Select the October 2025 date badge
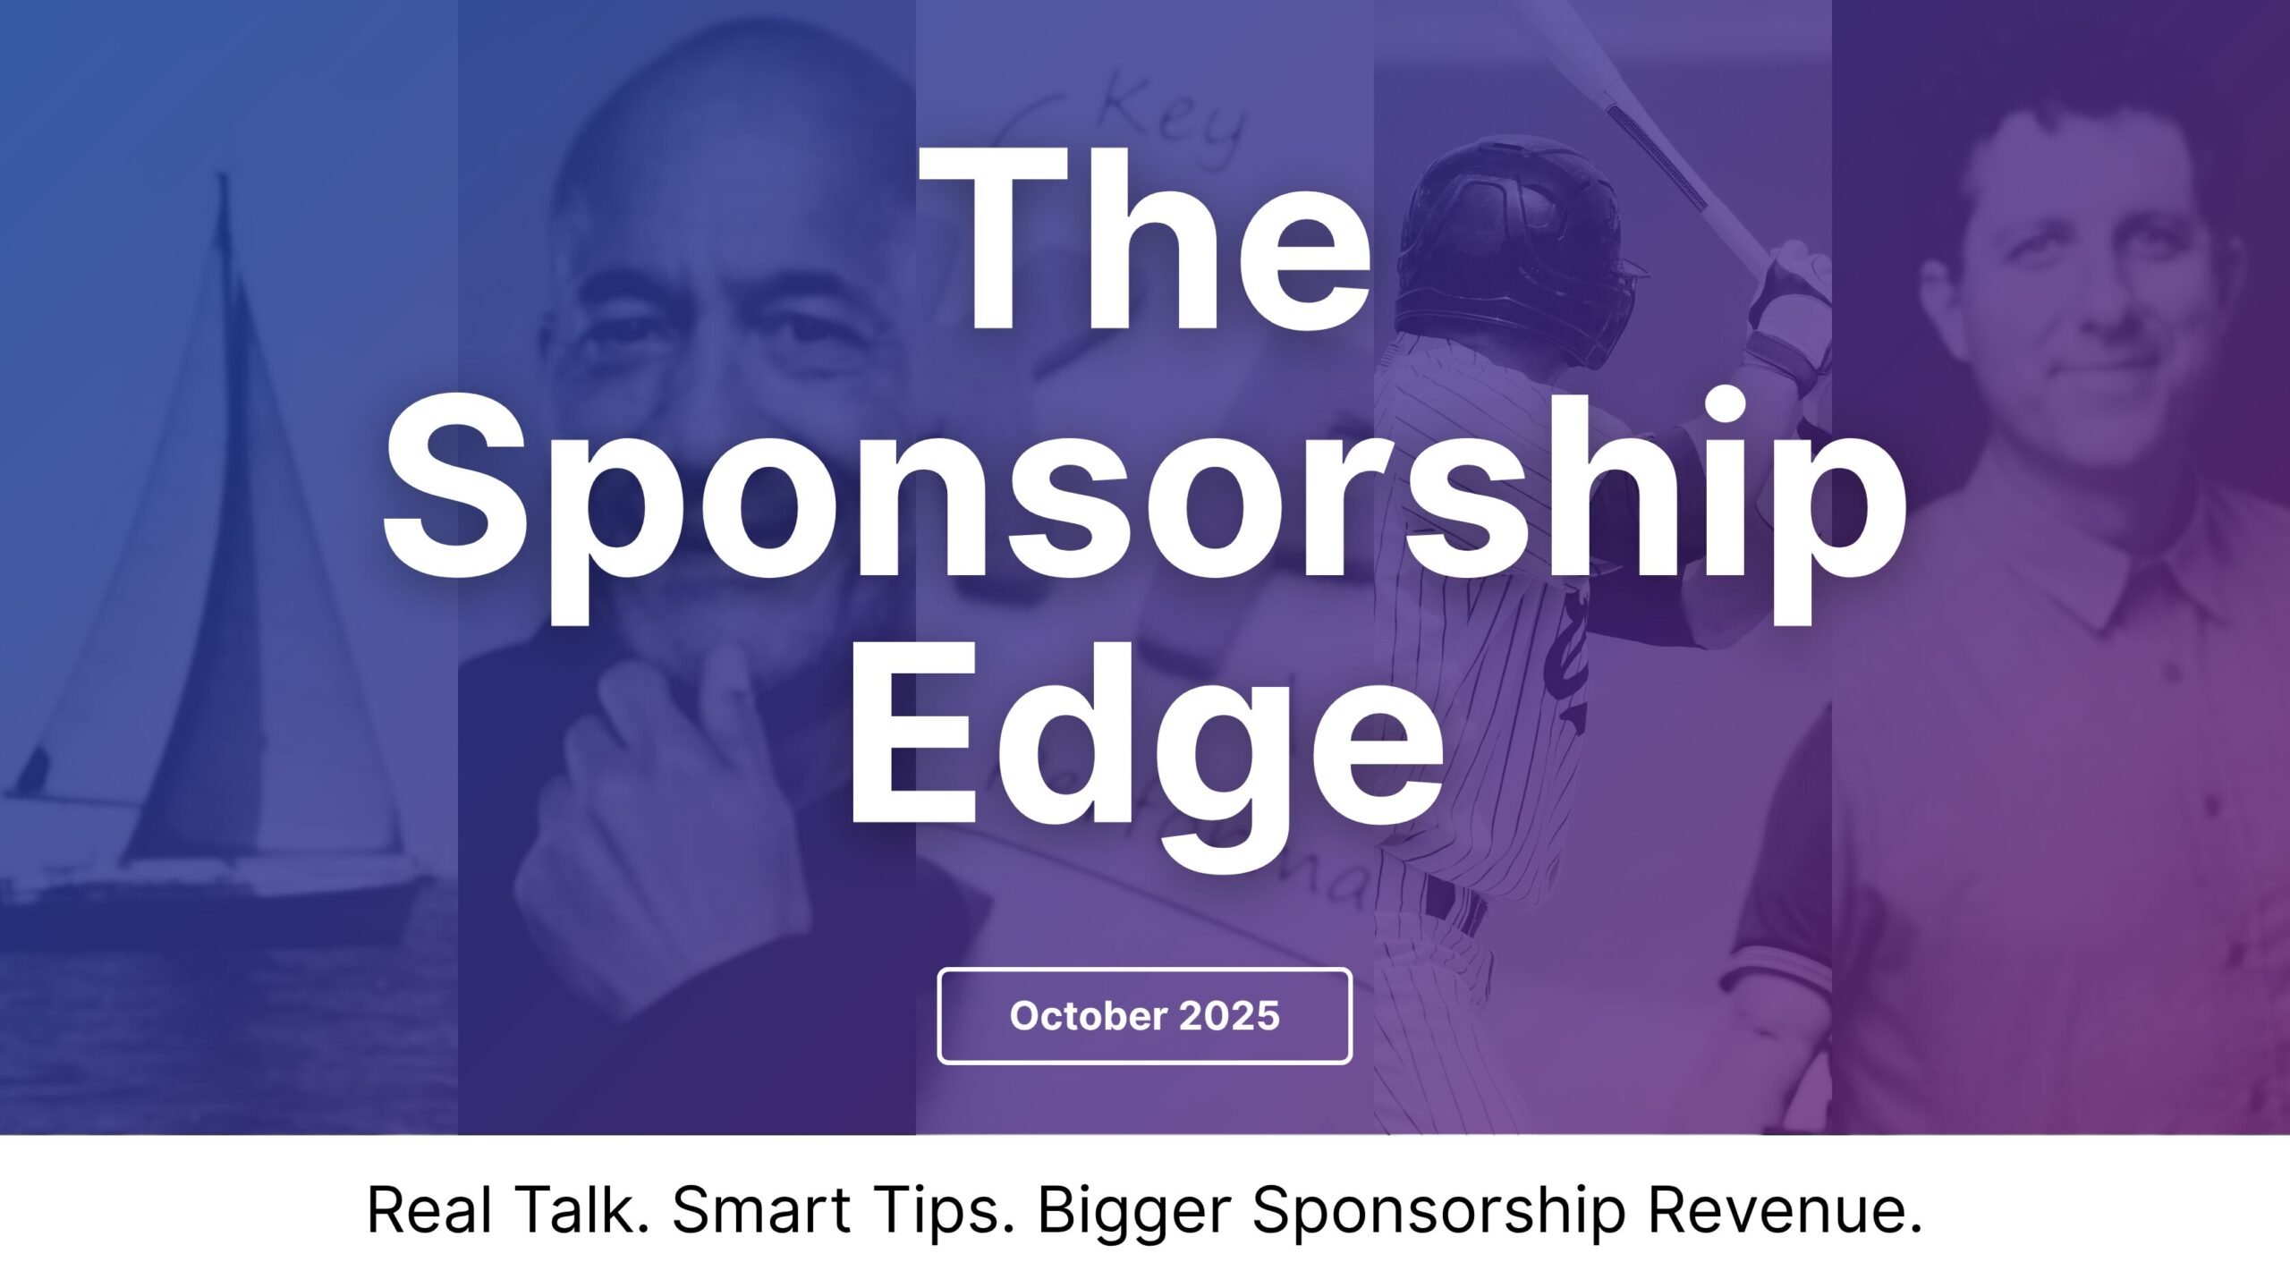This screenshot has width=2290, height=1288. [x=1144, y=1016]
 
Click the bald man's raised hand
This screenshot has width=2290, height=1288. [x=680, y=805]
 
